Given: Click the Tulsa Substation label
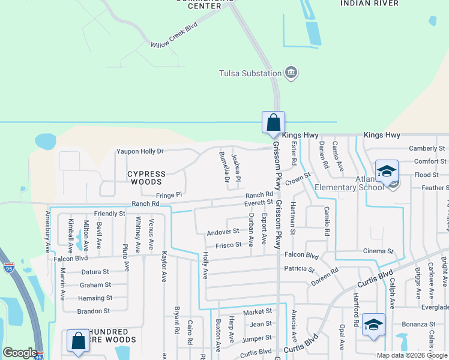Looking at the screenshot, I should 250,74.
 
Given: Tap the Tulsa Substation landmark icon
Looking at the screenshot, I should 292,74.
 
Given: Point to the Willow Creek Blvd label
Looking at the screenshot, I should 174,37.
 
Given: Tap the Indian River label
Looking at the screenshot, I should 369,4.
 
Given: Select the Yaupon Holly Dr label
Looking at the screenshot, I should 140,152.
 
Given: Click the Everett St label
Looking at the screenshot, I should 258,203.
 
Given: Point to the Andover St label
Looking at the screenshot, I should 223,232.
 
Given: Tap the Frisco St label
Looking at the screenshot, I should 229,245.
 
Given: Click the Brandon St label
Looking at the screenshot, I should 93,311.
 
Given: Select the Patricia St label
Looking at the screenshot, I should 299,269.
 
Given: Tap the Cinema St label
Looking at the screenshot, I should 378,251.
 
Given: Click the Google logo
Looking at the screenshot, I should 20,353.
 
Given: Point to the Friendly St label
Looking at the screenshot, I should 109,214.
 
